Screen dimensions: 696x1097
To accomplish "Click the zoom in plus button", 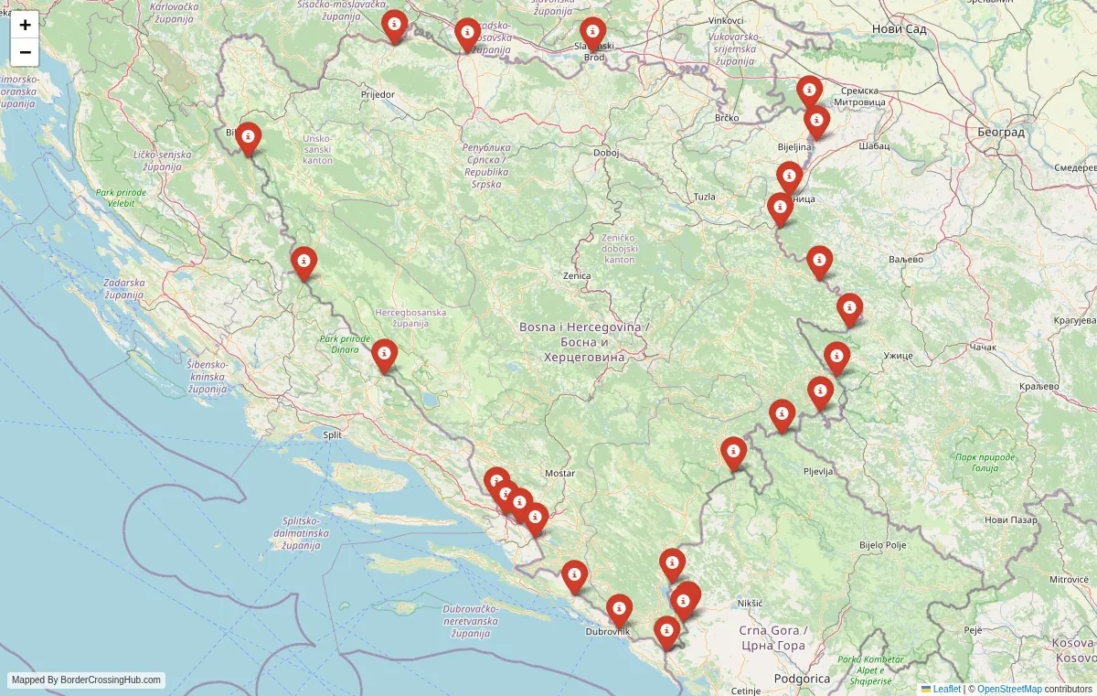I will point(25,25).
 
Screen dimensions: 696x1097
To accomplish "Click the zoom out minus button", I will point(25,52).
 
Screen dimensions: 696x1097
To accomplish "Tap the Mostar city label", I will point(559,474).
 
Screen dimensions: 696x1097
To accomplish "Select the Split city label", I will point(333,435).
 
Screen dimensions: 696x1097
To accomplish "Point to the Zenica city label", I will point(577,275).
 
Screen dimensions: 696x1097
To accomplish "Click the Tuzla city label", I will point(704,197).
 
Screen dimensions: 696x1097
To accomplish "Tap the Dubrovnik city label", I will point(608,632).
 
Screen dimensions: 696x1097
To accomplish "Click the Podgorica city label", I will point(802,679).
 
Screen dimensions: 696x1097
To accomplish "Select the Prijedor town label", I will point(378,94).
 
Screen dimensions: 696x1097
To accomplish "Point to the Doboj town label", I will point(606,153).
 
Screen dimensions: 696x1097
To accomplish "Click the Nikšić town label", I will point(749,604).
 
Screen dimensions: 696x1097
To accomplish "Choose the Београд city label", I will point(1000,133).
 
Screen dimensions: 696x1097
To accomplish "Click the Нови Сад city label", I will point(900,29).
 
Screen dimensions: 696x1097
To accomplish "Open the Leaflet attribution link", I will point(946,689).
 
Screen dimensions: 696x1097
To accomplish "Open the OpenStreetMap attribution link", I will point(1009,689).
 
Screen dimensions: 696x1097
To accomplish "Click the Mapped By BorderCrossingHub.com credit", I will point(87,680).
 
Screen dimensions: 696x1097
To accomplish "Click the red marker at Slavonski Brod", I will point(592,34).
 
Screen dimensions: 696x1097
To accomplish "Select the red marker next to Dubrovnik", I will point(619,610).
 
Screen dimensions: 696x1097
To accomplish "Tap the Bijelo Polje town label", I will point(882,545).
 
